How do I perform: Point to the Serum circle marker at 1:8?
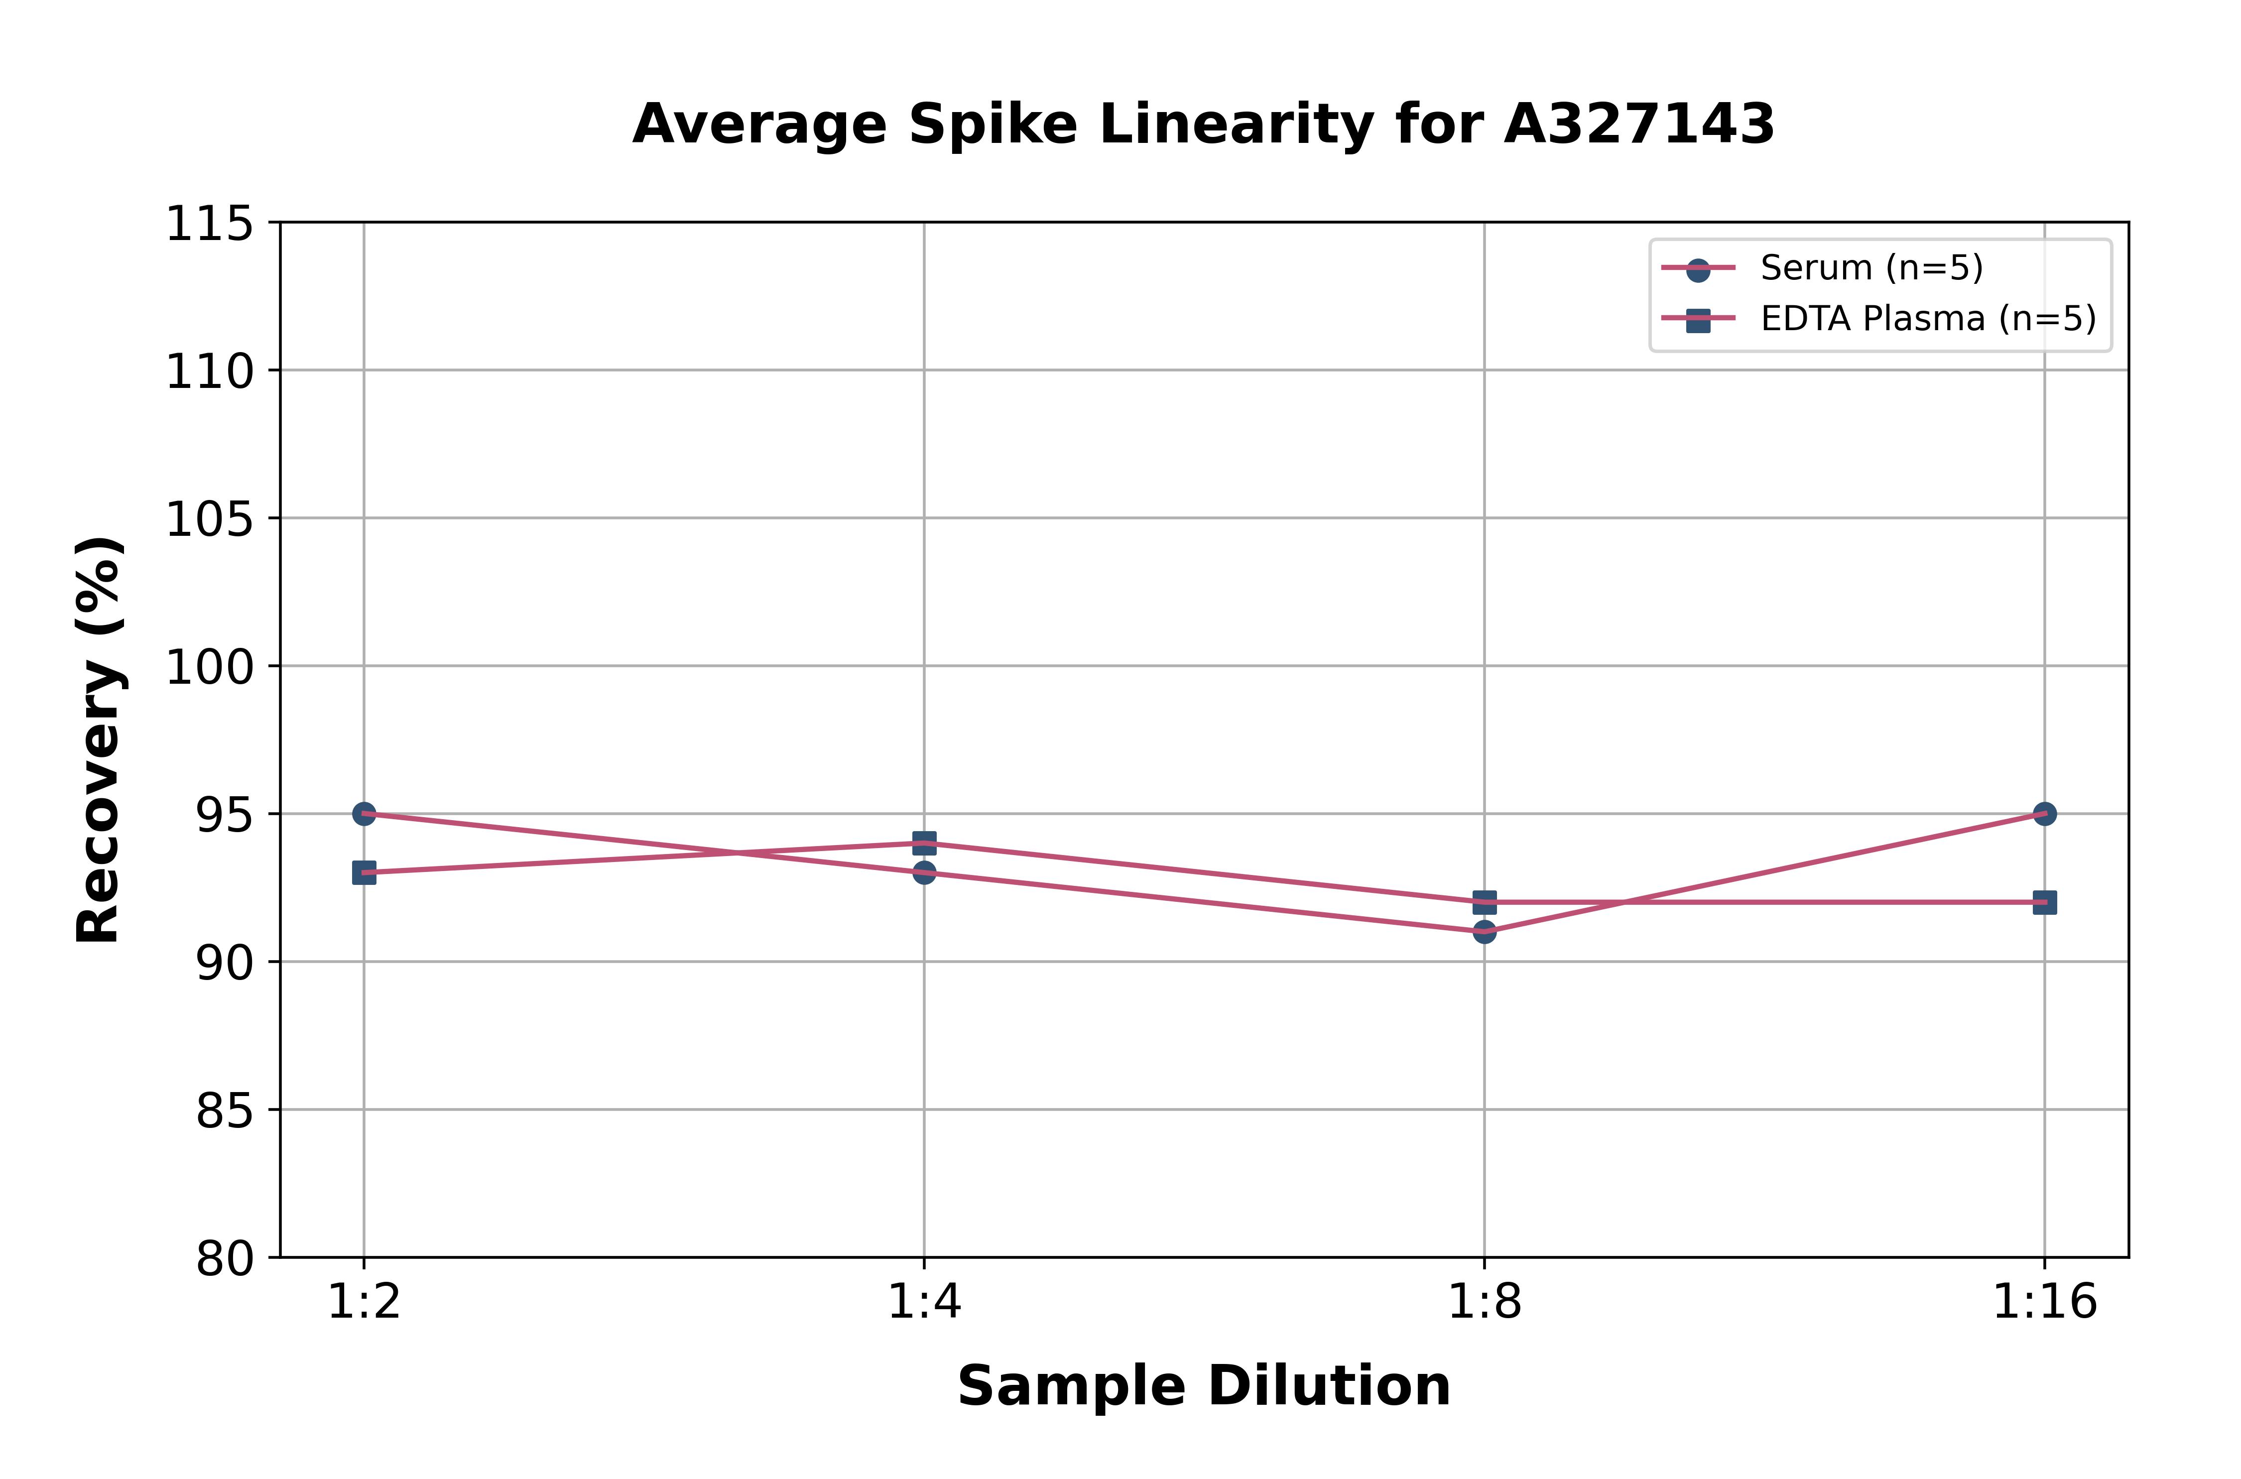pos(1485,932)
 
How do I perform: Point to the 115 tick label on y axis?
pos(209,225)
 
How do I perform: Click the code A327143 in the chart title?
pos(1639,124)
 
